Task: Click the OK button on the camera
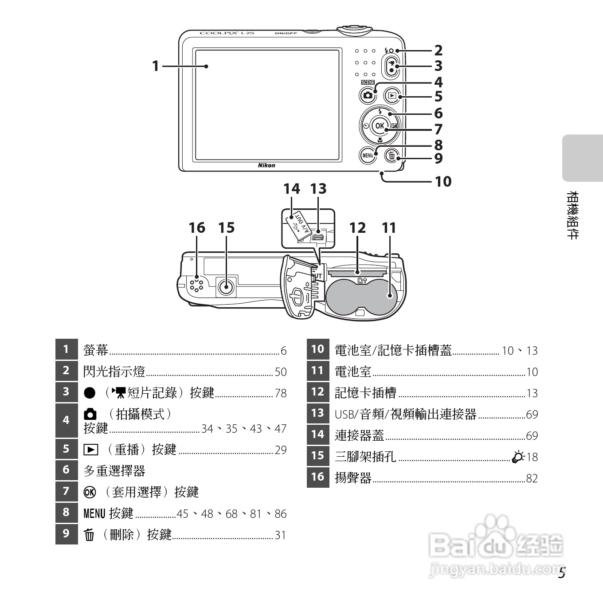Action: [380, 126]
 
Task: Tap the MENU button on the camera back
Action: [368, 155]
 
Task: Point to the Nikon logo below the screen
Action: [266, 165]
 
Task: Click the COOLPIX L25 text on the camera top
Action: [227, 33]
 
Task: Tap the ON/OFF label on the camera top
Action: [286, 33]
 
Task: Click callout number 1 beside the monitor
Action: [155, 66]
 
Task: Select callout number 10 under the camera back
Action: [442, 181]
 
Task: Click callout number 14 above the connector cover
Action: [291, 189]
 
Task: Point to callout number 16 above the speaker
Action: [197, 228]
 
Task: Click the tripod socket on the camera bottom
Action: [227, 287]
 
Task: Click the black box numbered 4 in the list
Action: [66, 420]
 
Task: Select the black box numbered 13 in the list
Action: [317, 413]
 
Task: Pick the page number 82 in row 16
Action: [532, 478]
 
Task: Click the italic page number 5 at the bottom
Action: [561, 573]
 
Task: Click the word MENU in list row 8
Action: [94, 514]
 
